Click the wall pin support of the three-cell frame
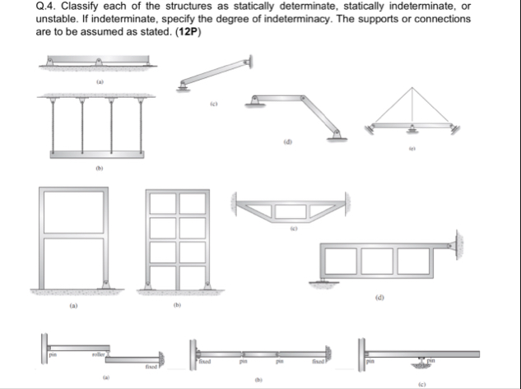click(454, 245)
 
